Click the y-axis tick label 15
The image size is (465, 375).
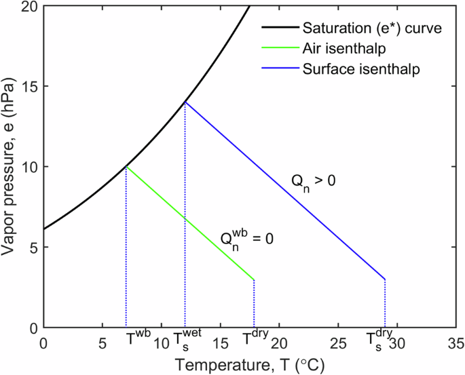tap(28, 87)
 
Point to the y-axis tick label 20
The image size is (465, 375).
tap(28, 7)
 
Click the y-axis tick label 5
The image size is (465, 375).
tap(31, 248)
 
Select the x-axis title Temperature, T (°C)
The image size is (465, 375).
tap(250, 365)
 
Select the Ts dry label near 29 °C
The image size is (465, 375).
tap(379, 339)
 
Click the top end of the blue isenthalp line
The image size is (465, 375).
tap(185, 102)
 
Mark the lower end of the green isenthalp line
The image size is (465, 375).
tap(254, 279)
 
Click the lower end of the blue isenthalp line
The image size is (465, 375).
tap(385, 279)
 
